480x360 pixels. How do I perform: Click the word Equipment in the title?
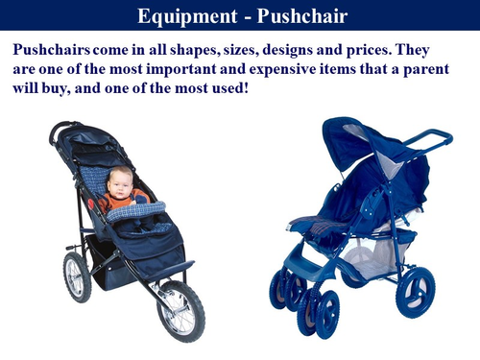(181, 16)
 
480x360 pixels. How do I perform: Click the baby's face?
(120, 182)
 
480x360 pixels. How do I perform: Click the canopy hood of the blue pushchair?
(355, 144)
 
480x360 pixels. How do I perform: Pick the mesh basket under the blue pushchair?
(370, 254)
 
